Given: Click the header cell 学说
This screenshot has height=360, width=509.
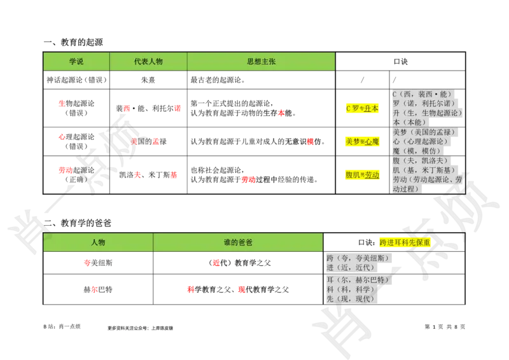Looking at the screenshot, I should click(x=76, y=62).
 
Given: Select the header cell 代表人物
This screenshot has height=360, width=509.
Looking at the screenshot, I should click(x=148, y=62).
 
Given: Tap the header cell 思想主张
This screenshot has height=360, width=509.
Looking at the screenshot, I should click(x=261, y=62).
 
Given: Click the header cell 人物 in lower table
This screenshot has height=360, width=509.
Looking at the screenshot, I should click(x=98, y=242).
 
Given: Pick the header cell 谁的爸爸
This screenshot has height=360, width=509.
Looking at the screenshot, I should click(x=238, y=242).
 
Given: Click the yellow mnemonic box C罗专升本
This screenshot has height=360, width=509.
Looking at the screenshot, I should click(x=361, y=109).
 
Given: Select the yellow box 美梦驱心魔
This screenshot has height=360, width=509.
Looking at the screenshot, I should click(x=361, y=141).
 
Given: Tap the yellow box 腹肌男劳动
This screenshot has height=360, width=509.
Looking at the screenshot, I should click(x=361, y=175).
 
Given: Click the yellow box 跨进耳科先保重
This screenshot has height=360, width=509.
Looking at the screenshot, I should click(x=405, y=242).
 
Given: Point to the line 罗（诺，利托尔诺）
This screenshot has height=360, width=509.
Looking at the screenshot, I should click(x=424, y=103).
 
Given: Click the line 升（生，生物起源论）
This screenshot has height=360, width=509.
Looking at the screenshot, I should click(x=427, y=113).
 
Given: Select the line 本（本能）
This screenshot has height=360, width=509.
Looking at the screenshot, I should click(x=410, y=122).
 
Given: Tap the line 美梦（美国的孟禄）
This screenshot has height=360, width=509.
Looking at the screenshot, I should click(x=423, y=132).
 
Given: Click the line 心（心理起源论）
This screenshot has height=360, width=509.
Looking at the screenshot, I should click(x=421, y=141).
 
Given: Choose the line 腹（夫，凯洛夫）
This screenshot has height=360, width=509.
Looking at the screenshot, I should click(x=420, y=160).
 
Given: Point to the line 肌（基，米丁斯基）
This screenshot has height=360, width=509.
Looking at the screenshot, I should click(x=424, y=170).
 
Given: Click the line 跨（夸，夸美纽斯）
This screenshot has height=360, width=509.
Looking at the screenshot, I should click(x=360, y=258).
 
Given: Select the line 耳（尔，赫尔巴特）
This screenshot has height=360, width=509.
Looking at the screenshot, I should click(x=359, y=279).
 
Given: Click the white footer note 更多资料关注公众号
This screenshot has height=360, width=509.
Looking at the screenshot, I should click(x=140, y=328).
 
